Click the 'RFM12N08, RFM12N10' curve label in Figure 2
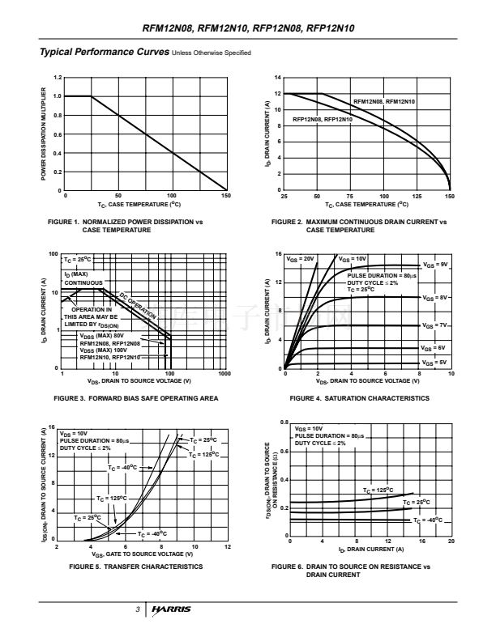pyautogui.click(x=384, y=101)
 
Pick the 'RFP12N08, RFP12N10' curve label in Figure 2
pyautogui.click(x=322, y=120)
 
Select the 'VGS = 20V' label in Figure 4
pyautogui.click(x=301, y=258)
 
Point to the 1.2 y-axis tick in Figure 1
pyautogui.click(x=57, y=78)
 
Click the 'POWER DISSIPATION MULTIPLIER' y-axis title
pyautogui.click(x=43, y=134)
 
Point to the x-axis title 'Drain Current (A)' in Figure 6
pyautogui.click(x=364, y=550)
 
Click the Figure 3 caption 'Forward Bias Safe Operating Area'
pyautogui.click(x=135, y=398)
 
